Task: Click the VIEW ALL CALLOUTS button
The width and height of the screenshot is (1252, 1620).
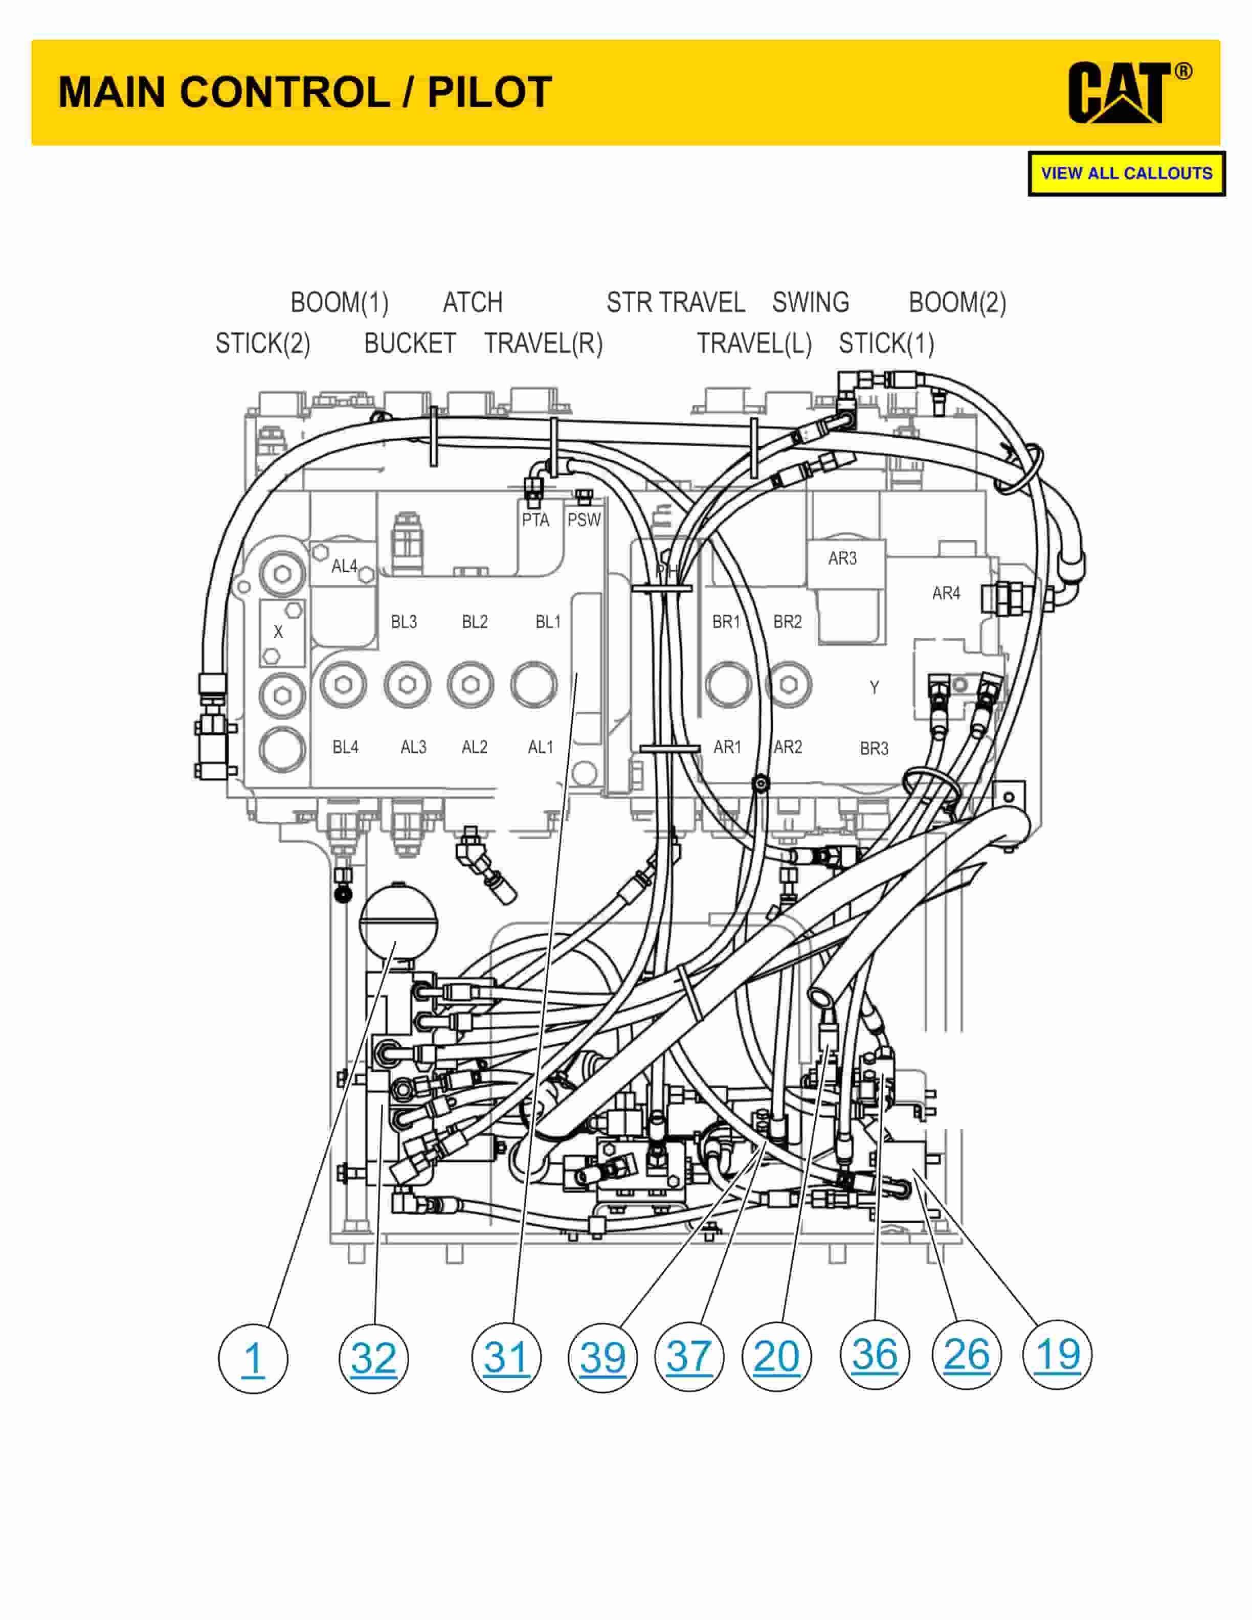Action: (1126, 173)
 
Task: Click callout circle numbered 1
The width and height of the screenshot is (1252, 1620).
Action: (253, 1359)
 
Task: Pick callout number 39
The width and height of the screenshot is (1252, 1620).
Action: (602, 1358)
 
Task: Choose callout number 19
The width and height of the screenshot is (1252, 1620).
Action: (1057, 1355)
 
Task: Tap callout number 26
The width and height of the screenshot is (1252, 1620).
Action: (966, 1355)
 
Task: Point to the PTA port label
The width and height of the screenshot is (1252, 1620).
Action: (535, 520)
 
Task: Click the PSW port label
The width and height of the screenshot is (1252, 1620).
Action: (584, 520)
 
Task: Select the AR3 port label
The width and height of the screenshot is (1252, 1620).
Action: (842, 558)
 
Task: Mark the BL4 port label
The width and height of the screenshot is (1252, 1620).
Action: (346, 747)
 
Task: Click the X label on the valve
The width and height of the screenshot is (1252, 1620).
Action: (278, 632)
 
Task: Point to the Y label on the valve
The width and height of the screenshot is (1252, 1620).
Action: (875, 688)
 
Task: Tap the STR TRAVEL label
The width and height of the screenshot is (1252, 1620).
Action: (676, 303)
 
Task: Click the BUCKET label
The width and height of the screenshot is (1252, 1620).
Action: (410, 344)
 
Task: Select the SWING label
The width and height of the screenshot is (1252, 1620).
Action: (811, 303)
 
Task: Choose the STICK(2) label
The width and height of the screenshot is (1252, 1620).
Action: (262, 344)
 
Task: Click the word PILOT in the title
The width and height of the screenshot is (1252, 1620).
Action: (489, 92)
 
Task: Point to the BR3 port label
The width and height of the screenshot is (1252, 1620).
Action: (875, 749)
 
